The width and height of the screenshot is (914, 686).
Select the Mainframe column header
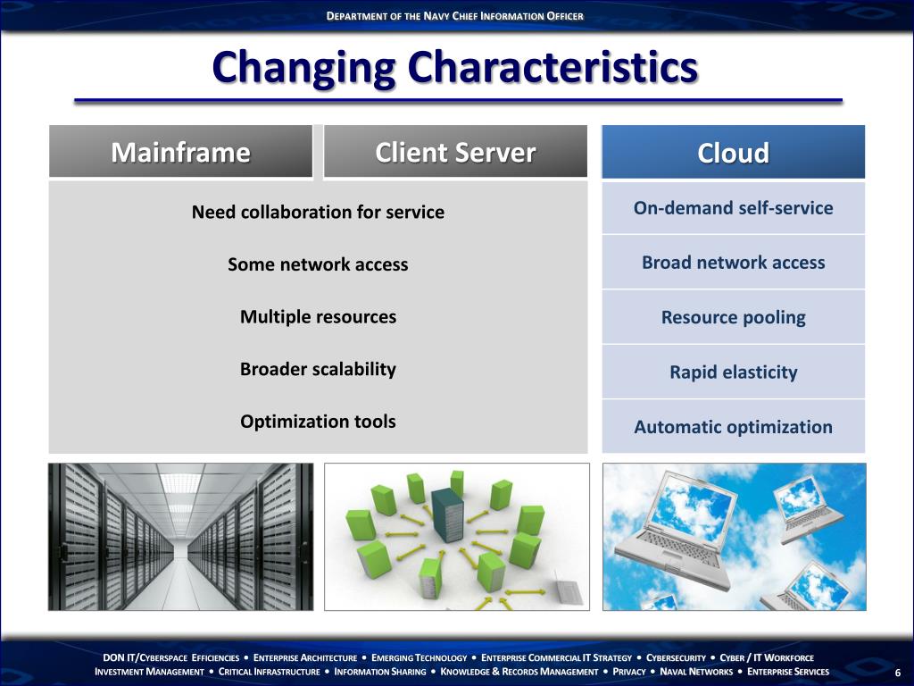(x=180, y=153)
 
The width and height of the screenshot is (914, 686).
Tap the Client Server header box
(x=455, y=153)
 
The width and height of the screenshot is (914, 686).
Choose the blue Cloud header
(x=733, y=153)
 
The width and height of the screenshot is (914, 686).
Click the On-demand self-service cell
(x=733, y=208)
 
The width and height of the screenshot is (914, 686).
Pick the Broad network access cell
(x=733, y=263)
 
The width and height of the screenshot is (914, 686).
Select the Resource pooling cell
(x=733, y=317)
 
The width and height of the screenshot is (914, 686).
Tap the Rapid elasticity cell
(x=733, y=372)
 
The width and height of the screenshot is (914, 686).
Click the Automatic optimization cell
(x=733, y=427)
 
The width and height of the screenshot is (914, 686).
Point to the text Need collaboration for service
(x=318, y=212)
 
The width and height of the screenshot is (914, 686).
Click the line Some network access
(x=318, y=264)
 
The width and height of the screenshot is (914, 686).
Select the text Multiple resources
(x=318, y=316)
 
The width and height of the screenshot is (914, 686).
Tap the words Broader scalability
(x=318, y=369)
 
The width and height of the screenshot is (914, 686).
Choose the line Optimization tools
(x=318, y=421)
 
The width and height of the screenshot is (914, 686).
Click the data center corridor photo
(x=180, y=537)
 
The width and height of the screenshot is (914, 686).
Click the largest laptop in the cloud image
(x=674, y=527)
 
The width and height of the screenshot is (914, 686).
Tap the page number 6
(x=897, y=673)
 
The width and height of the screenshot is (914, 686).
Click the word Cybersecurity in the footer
(x=676, y=657)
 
